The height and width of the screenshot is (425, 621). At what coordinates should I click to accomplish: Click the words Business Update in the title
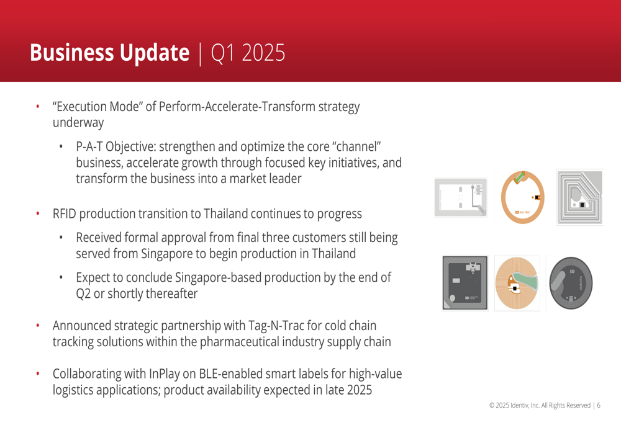pos(110,53)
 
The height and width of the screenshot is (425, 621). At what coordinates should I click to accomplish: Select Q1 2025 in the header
pos(248,53)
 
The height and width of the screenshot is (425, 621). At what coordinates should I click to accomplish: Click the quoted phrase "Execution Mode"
pos(97,107)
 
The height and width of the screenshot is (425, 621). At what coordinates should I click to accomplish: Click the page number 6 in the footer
pos(599,405)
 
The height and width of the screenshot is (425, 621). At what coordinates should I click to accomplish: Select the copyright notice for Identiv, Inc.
pos(540,405)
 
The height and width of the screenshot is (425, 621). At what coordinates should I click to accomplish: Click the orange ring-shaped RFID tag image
pos(523,197)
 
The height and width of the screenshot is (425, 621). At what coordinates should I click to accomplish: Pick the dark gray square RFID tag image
pos(465,283)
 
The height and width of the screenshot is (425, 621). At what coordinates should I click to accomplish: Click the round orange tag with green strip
pos(517,283)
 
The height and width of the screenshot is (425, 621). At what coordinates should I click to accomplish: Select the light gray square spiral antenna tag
pos(580,197)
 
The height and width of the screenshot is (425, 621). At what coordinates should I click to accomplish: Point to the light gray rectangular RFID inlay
pos(461,197)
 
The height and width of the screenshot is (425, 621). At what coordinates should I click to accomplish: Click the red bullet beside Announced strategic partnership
pos(38,326)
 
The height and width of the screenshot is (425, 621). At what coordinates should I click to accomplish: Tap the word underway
pos(78,123)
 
